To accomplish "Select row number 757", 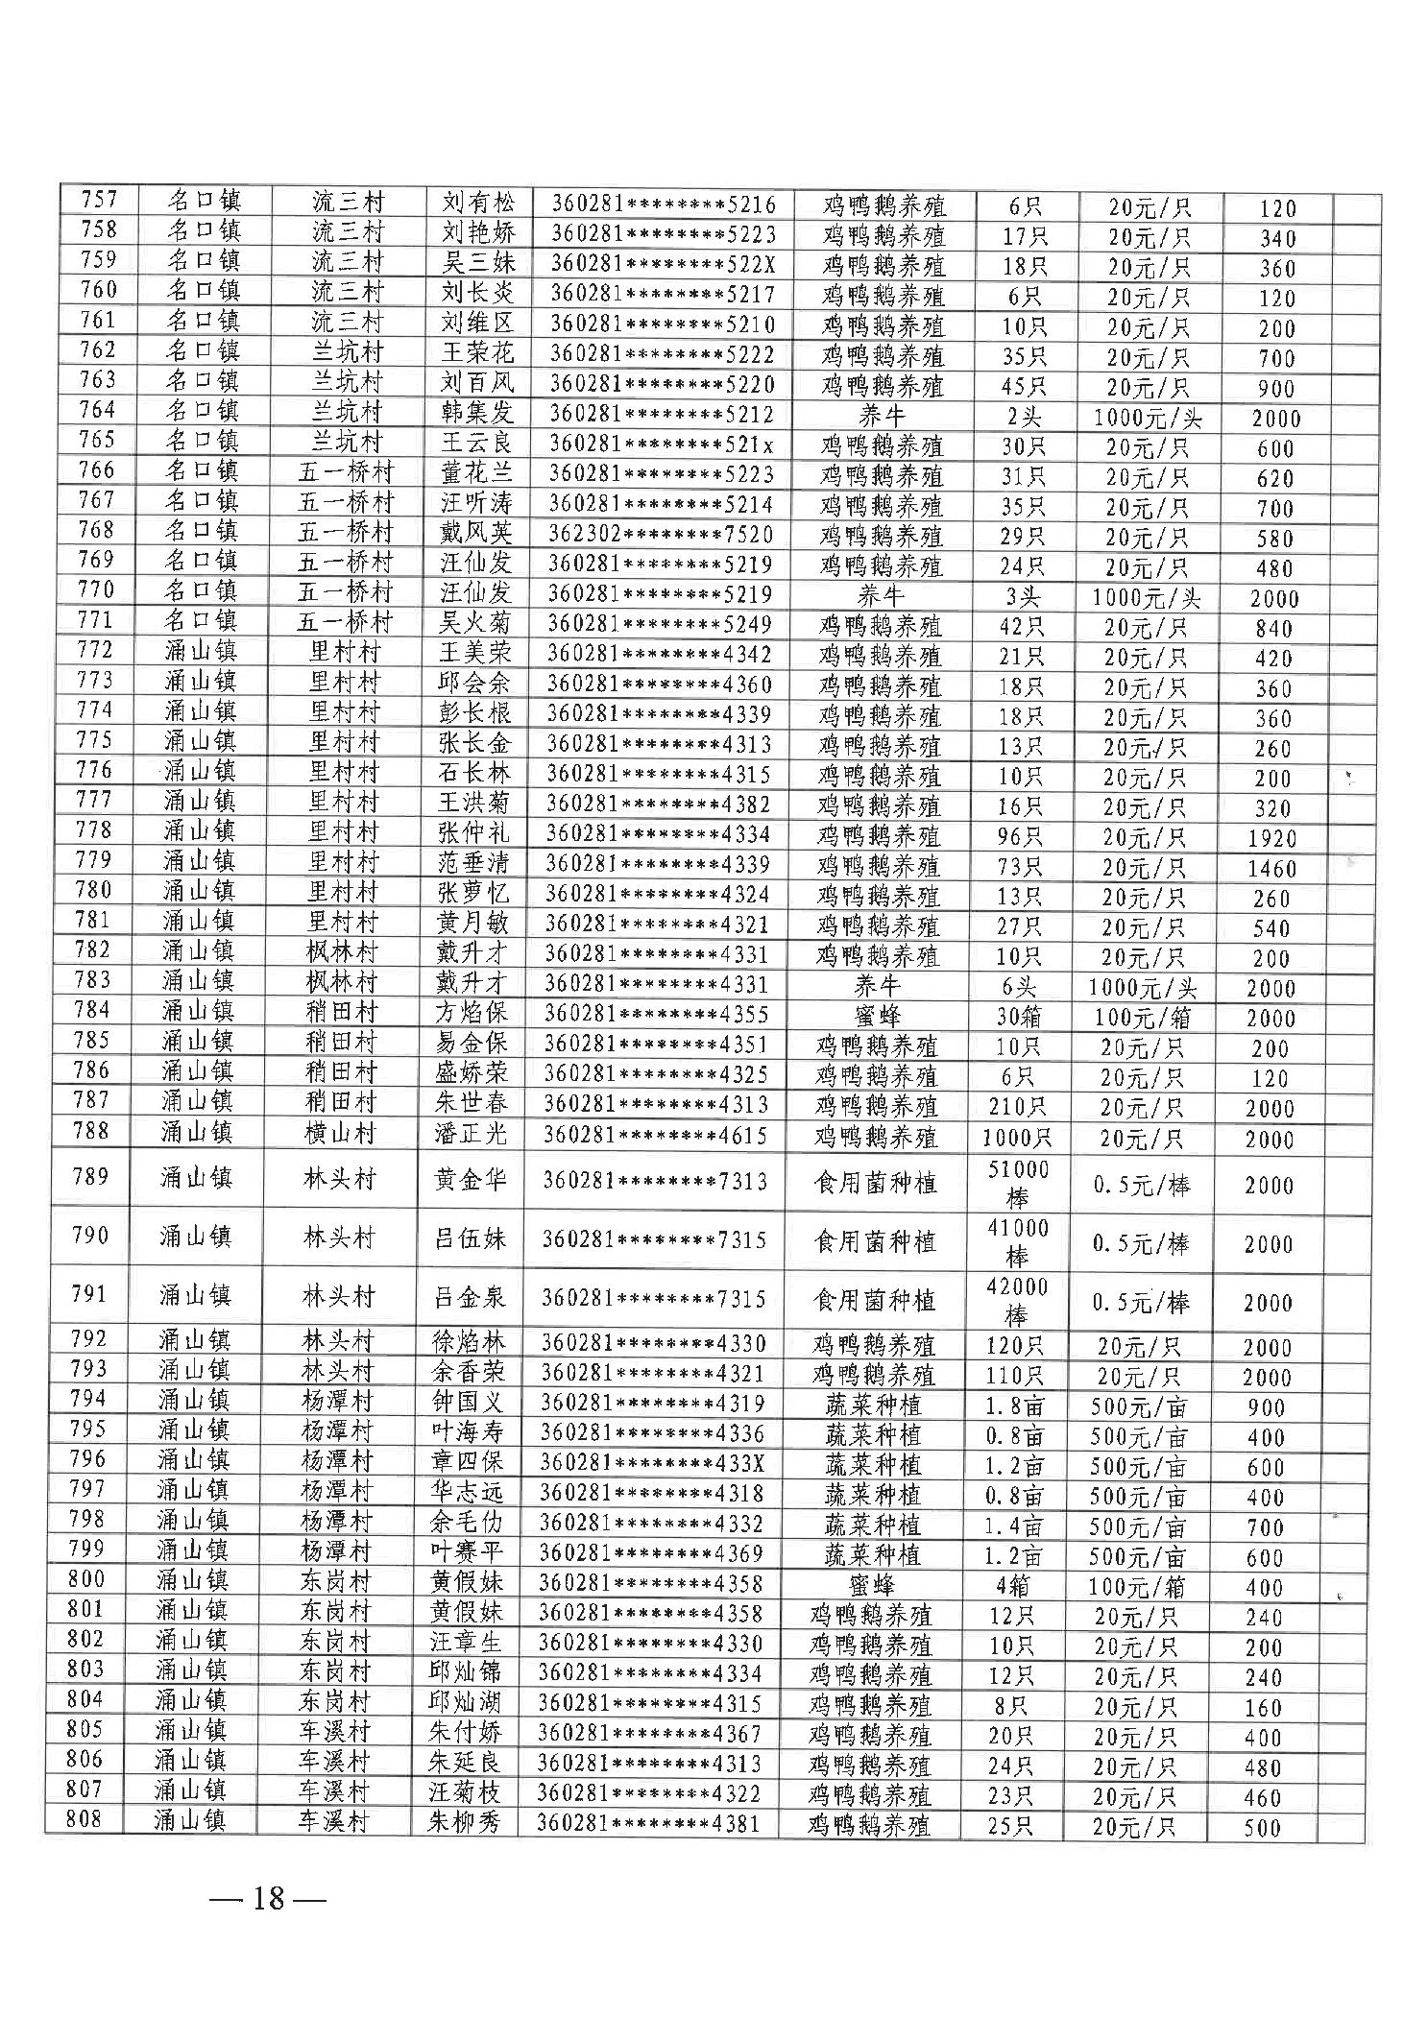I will coord(99,201).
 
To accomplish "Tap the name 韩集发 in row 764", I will coord(476,413).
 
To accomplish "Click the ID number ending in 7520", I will coord(661,535).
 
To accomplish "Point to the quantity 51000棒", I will coord(1018,1183).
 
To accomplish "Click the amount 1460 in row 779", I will coord(1272,869).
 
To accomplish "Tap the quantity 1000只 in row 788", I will coord(1017,1139).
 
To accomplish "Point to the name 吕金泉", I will coord(469,1298).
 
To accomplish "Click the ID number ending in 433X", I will coord(653,1464).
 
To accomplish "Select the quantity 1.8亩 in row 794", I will coord(1015,1406).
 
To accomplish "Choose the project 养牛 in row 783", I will coord(876,986).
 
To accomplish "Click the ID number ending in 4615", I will coord(656,1136).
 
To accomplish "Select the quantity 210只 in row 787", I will coord(1017,1107).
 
